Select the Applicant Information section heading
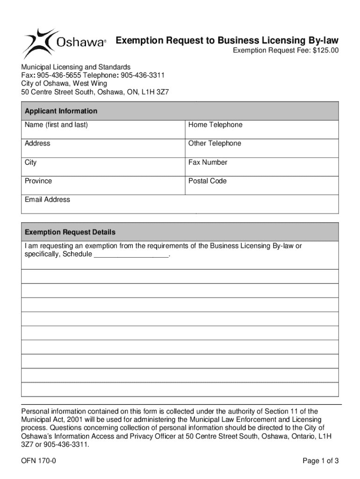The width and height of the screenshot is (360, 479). point(61,111)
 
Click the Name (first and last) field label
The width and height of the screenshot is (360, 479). point(56,125)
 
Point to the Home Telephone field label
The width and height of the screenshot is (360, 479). point(215,125)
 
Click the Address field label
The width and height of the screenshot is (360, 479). point(37,143)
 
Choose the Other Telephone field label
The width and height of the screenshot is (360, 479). point(215,143)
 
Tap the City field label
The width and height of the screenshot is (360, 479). point(31,162)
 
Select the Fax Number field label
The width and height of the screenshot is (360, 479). point(208,162)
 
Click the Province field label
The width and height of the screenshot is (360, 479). point(38,181)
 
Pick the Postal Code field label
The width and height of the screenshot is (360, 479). point(207,181)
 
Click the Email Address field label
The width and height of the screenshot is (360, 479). point(47,200)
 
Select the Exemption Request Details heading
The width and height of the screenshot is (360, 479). point(70,232)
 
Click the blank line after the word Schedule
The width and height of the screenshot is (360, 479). point(131,254)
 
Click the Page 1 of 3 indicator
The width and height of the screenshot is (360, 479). point(320,461)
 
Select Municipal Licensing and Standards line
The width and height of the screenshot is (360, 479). point(76,67)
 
